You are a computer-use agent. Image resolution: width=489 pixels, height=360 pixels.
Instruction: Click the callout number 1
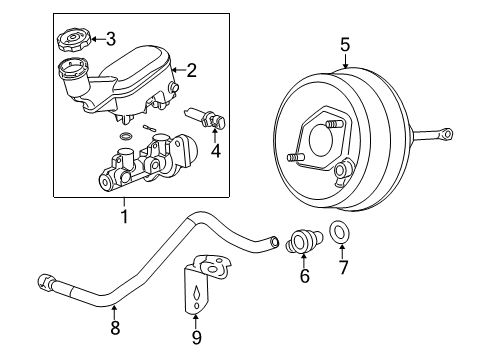(x=123, y=214)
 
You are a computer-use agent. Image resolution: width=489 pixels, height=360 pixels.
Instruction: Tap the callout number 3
(x=110, y=40)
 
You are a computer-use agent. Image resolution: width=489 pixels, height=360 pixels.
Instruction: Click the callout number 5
(x=344, y=43)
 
